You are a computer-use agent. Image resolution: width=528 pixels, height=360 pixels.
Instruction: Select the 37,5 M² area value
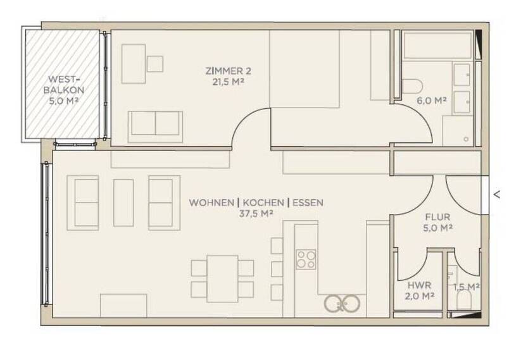[256, 214]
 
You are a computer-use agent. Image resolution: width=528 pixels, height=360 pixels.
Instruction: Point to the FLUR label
[437, 216]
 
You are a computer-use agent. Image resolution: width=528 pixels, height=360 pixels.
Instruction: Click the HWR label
[418, 285]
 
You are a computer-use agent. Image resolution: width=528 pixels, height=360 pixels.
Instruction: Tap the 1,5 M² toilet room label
[466, 287]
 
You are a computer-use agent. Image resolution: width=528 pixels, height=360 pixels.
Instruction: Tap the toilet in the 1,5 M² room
[464, 302]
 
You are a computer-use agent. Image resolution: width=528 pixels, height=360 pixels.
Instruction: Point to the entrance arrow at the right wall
[497, 195]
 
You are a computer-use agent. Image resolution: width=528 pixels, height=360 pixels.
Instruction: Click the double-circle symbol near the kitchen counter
[342, 304]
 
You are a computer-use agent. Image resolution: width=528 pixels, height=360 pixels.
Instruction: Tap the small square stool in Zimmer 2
[154, 63]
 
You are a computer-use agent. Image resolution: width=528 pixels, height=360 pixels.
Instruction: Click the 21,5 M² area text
[225, 81]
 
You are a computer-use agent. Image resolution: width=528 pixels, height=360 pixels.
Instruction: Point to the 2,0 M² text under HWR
[418, 295]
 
